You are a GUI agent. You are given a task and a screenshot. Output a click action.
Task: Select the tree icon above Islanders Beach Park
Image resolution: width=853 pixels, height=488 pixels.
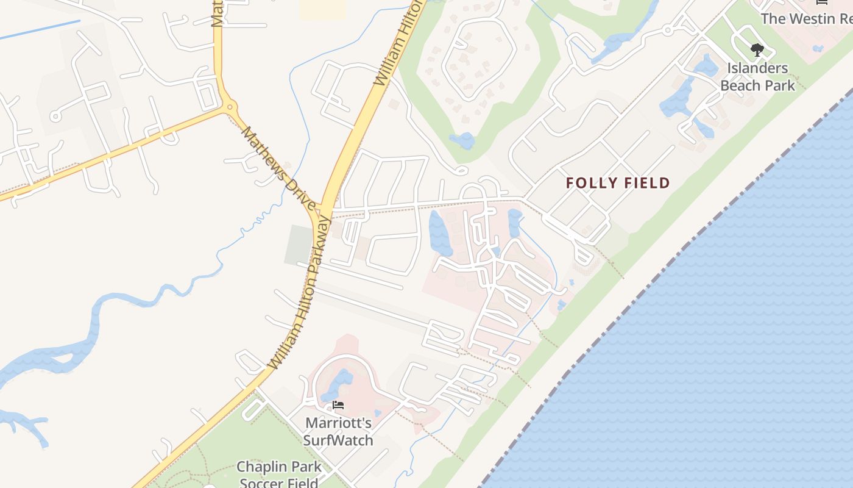(757, 50)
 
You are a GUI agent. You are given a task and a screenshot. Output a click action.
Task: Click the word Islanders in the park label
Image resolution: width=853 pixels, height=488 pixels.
(757, 68)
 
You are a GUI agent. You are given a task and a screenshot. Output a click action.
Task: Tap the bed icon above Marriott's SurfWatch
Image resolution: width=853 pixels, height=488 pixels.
(338, 405)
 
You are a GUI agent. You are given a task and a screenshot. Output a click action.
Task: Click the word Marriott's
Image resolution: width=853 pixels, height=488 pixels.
(338, 423)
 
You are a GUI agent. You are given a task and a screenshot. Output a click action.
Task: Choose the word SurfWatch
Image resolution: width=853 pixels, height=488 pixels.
(338, 440)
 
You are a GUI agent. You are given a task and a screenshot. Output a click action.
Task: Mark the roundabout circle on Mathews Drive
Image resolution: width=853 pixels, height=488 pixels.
(230, 107)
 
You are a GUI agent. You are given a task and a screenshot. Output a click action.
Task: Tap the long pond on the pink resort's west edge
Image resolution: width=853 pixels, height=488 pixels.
(440, 233)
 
